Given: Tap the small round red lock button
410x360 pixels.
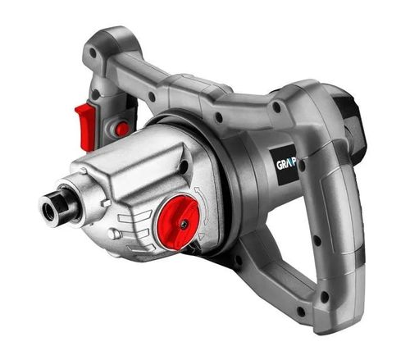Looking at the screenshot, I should (121, 129).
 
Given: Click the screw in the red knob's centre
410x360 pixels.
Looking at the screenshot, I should (184, 222).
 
